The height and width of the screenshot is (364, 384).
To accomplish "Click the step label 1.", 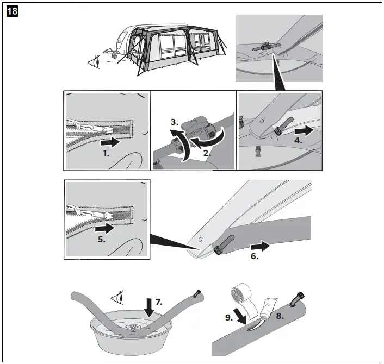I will coord(106,154).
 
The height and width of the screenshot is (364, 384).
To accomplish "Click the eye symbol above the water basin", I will coord(117,298).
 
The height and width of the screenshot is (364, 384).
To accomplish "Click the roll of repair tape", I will coord(243,293).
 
